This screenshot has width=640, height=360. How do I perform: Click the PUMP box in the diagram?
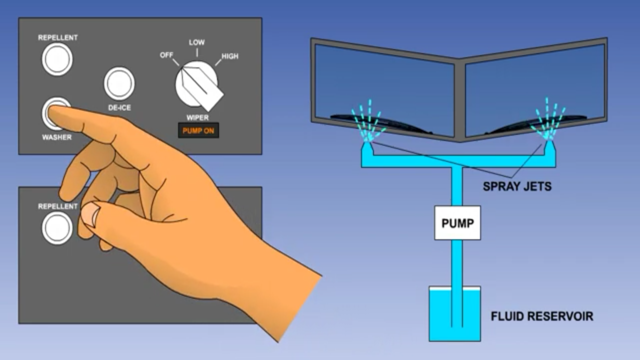pos(457,222)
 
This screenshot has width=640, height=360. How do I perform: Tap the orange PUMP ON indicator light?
pos(198,131)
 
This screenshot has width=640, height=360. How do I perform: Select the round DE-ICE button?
pos(119,83)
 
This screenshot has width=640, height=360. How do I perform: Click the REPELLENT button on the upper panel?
pos(57,59)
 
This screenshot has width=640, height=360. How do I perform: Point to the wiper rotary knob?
pos(197,85)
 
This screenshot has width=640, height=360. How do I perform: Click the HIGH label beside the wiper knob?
pos(229,56)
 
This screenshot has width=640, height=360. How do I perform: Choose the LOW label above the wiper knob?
pos(196,42)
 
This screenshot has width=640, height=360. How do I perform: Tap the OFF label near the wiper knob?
pos(166,55)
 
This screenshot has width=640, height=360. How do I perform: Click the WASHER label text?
pos(56,137)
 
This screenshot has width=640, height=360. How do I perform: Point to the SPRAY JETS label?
pos(517,186)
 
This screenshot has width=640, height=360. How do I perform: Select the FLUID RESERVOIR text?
pos(542,316)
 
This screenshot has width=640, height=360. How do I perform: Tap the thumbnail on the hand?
pos(90,213)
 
